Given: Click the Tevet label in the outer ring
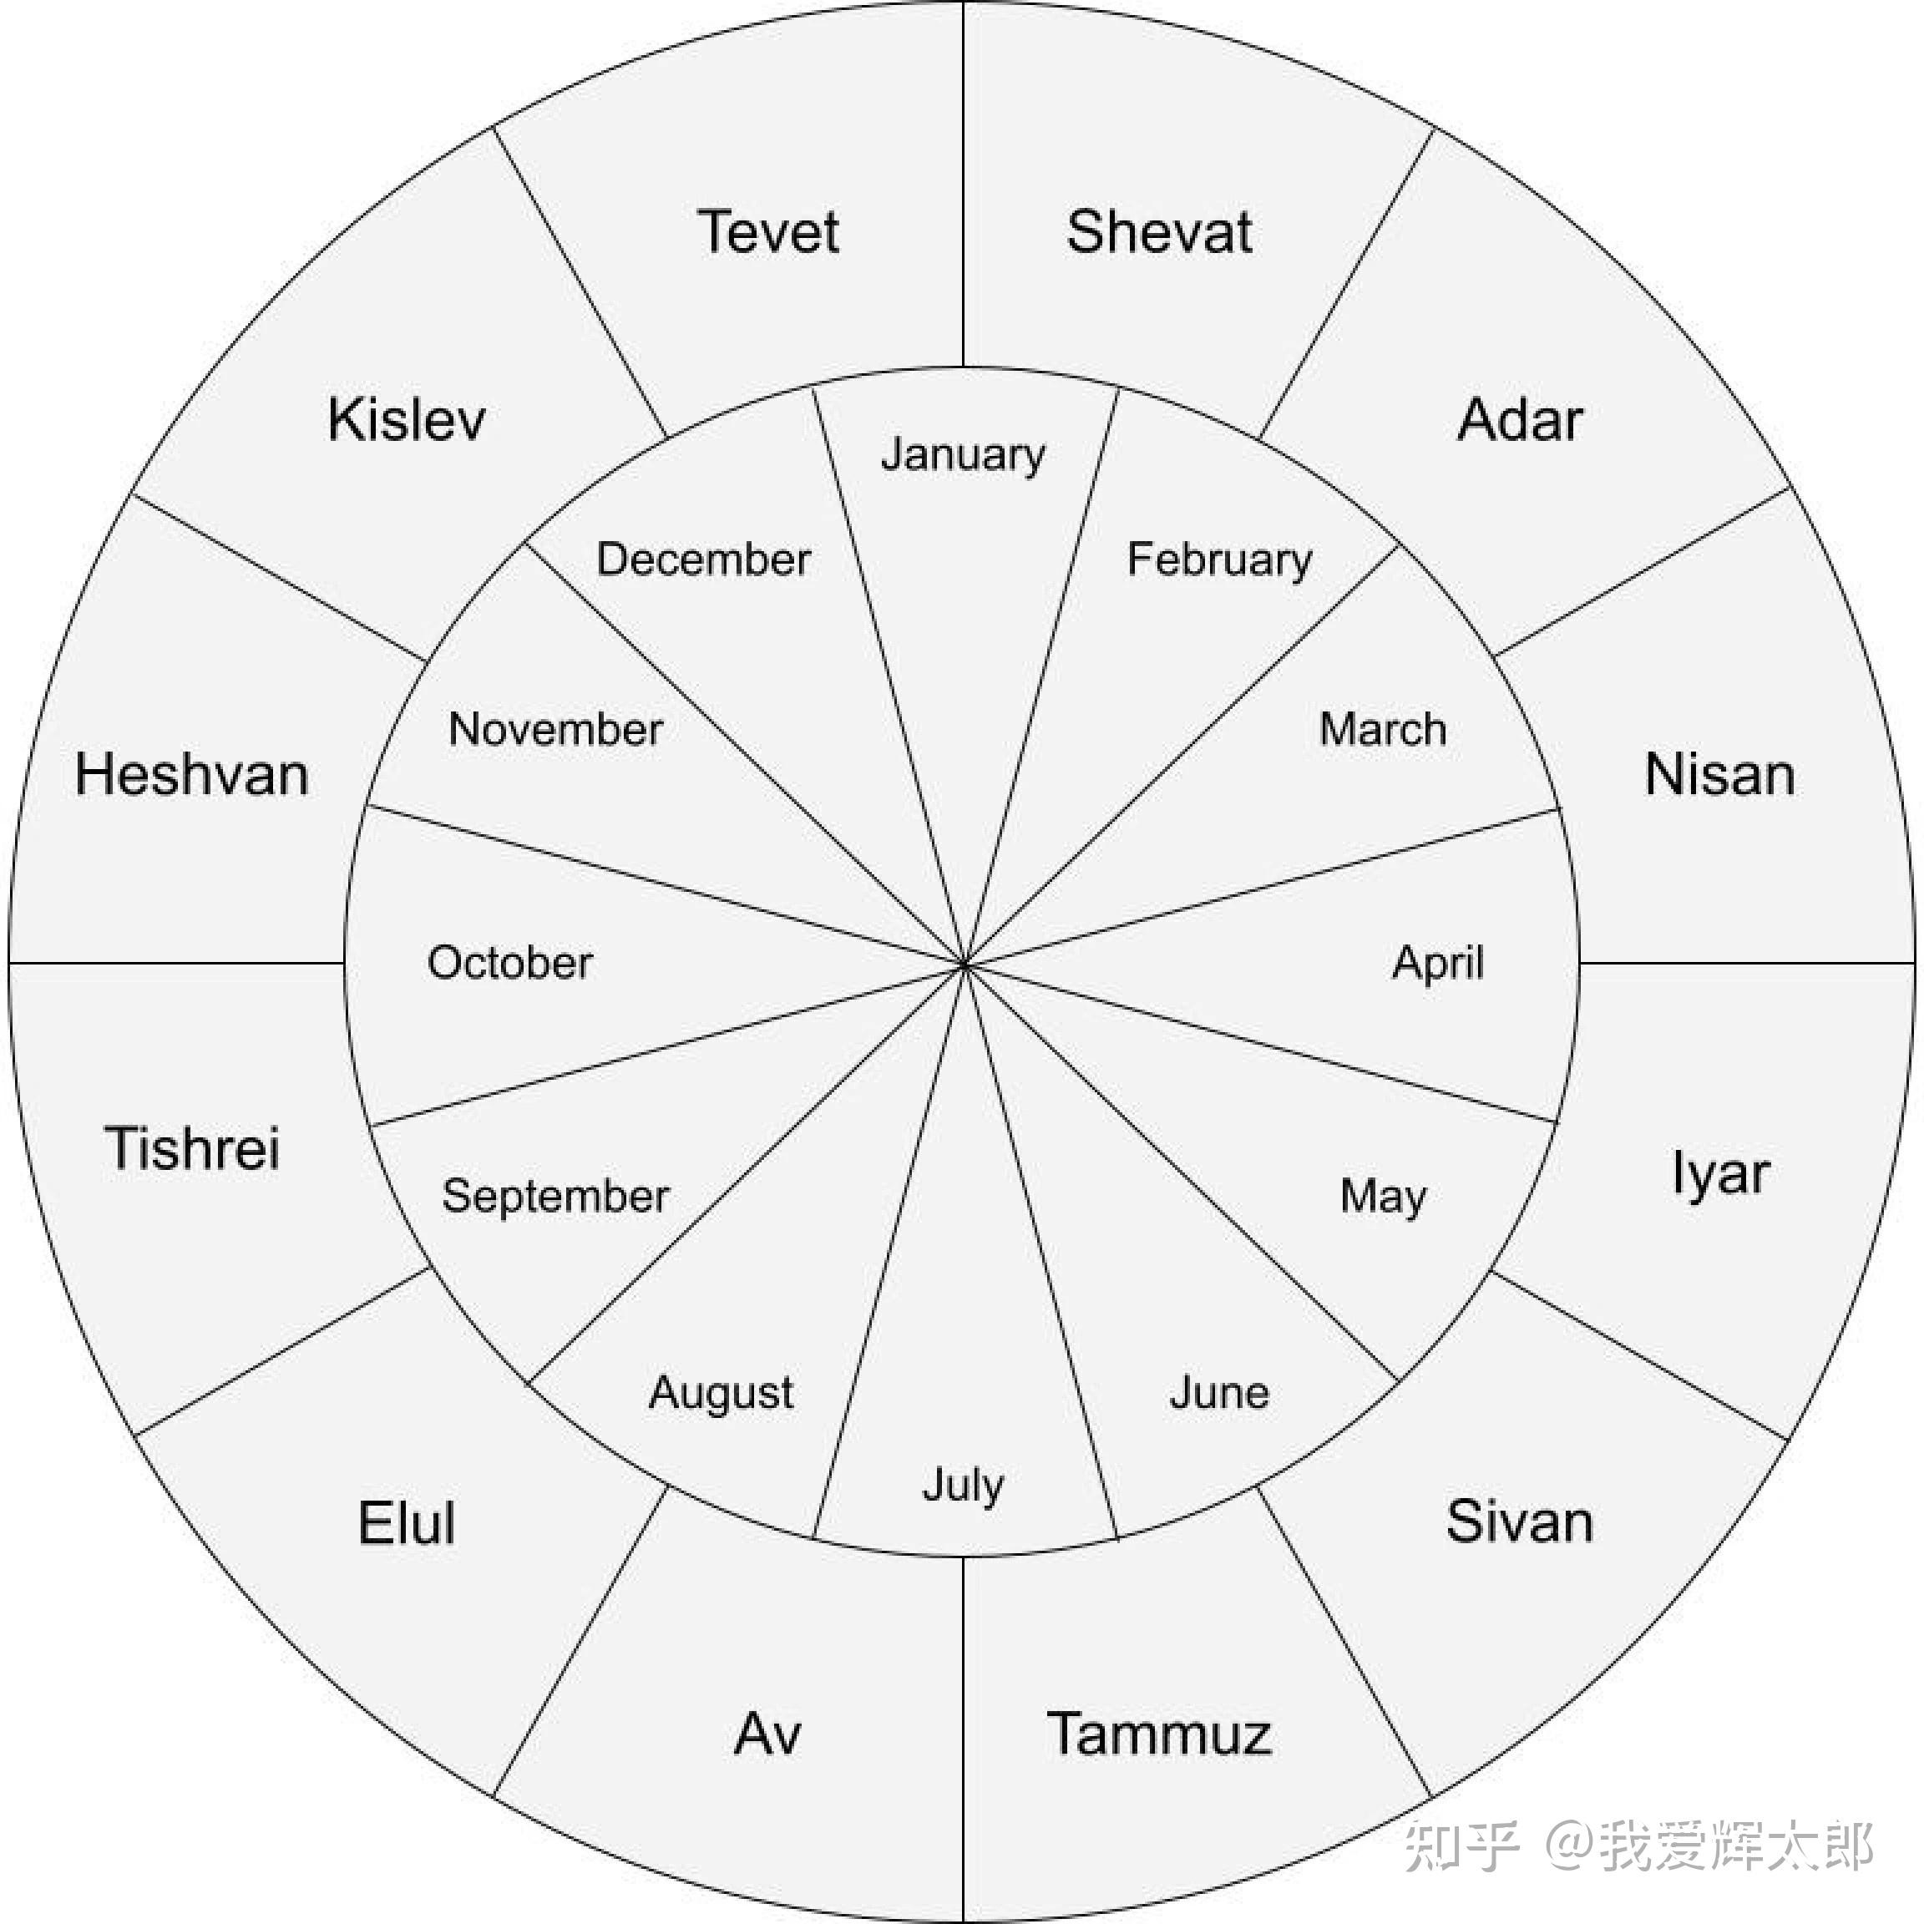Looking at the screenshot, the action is coord(767,232).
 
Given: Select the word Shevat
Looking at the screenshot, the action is coord(1158,232).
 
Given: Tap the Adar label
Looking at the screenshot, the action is coord(1519,419).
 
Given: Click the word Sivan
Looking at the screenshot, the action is coord(1519,1521).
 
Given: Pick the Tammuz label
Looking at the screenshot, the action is coord(1158,1734).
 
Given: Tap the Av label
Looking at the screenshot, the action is coord(767,1734).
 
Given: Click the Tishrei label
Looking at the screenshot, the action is coord(191,1147).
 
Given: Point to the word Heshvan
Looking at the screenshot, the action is coord(191,774).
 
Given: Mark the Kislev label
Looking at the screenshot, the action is coord(407,419).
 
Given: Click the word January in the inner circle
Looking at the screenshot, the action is coord(963,455).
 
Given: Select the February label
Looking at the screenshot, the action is coord(1219,559).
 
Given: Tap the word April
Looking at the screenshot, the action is coord(1437,963).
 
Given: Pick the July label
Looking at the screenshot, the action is coord(963,1485).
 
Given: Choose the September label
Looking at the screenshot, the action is coord(555,1195).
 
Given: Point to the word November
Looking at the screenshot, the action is coord(555,729).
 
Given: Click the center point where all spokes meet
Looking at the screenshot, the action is coord(964,964).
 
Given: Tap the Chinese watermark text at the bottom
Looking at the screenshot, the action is coord(1638,1846).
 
